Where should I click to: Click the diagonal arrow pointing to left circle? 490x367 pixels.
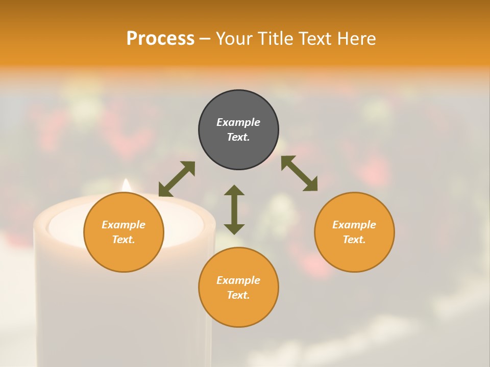coord(177,179)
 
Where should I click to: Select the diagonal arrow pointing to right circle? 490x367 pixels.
coord(299,173)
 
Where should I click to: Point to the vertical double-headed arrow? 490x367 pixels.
coord(234,209)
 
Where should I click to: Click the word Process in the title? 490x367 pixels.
coord(160,39)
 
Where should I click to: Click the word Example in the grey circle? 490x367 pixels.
coord(238,122)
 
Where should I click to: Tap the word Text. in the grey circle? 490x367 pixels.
coord(238,137)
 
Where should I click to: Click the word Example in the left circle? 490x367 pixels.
coord(124,225)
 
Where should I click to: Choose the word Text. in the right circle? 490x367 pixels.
coord(354,240)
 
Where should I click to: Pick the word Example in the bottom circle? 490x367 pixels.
coord(238,280)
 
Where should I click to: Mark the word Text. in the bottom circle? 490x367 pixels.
coord(238,295)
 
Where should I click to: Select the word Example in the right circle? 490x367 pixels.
coord(354,225)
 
